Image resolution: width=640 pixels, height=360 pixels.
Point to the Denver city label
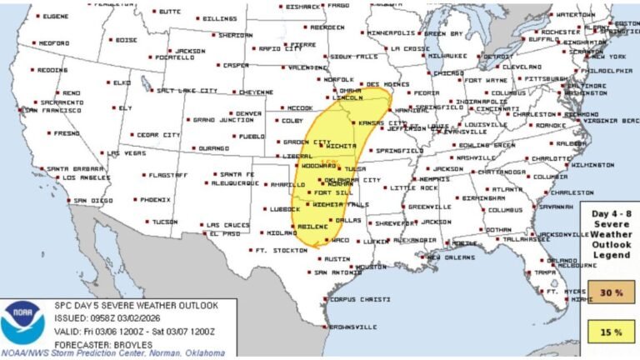(x=225, y=113)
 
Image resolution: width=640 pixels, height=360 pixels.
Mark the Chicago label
(x=447, y=72)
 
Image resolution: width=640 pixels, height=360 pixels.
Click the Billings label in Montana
(x=220, y=17)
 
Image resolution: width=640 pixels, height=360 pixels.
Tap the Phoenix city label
(x=155, y=200)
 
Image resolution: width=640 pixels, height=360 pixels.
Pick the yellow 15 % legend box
(x=612, y=332)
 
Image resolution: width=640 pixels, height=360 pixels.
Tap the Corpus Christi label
(x=353, y=299)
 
